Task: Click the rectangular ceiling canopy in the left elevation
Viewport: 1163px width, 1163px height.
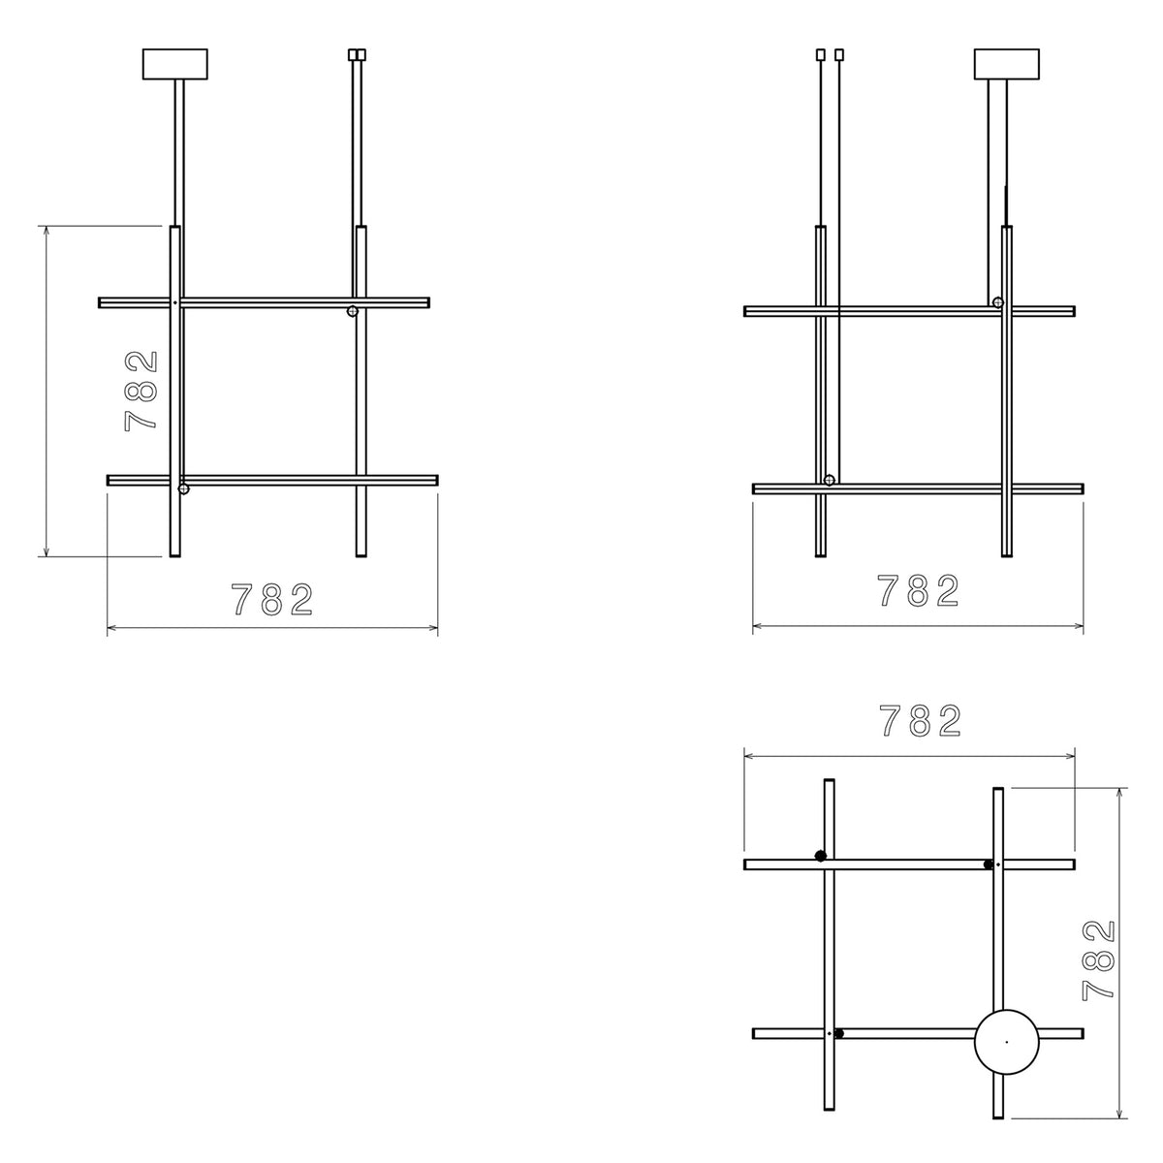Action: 174,65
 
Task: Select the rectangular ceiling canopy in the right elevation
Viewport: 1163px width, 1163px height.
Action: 1006,65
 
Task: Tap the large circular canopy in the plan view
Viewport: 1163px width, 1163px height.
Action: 1006,1042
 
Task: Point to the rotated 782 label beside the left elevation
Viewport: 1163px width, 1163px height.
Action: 141,391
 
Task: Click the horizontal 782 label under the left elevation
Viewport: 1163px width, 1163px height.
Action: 272,601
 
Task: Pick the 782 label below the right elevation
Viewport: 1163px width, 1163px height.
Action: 918,591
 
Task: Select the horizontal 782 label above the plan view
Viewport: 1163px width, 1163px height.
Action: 920,721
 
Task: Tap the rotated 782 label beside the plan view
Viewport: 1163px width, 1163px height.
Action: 1099,959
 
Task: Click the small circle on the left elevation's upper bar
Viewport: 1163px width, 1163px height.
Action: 353,311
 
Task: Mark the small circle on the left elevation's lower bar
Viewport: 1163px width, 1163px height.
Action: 184,489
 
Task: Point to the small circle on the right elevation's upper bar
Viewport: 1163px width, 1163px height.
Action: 997,302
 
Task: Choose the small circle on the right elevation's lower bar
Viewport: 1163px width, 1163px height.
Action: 830,481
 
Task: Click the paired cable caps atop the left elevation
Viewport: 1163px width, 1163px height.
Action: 358,55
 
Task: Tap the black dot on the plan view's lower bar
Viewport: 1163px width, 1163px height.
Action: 838,1033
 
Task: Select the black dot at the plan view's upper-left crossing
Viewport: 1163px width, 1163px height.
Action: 820,855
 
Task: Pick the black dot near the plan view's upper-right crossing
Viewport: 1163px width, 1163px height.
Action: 989,864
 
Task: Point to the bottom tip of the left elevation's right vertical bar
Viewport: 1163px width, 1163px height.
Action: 361,555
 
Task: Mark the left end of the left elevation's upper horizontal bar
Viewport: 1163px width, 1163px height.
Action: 101,302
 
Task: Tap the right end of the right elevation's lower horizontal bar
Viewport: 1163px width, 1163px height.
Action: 1081,489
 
